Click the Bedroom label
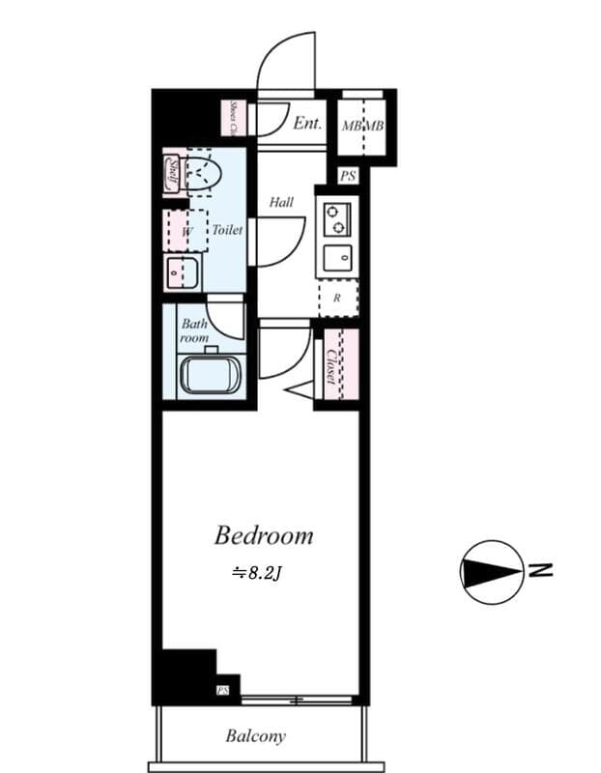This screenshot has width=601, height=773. coord(264,534)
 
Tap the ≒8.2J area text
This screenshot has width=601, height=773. coord(256,572)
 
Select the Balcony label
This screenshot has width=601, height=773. coord(256,736)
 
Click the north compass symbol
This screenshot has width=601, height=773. coord(492,572)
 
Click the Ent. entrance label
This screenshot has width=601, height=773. coord(307,123)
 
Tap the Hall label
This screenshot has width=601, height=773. coord(281,202)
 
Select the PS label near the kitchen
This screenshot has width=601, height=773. coord(348,176)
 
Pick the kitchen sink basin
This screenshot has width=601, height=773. coord(338,258)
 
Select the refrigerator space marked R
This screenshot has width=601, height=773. coord(337,298)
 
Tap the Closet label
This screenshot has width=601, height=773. coord(330,367)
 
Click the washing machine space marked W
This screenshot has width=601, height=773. coord(186,232)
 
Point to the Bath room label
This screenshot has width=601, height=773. coord(194,331)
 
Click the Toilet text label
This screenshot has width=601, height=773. coord(227,230)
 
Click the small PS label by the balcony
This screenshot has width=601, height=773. coord(223,690)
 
